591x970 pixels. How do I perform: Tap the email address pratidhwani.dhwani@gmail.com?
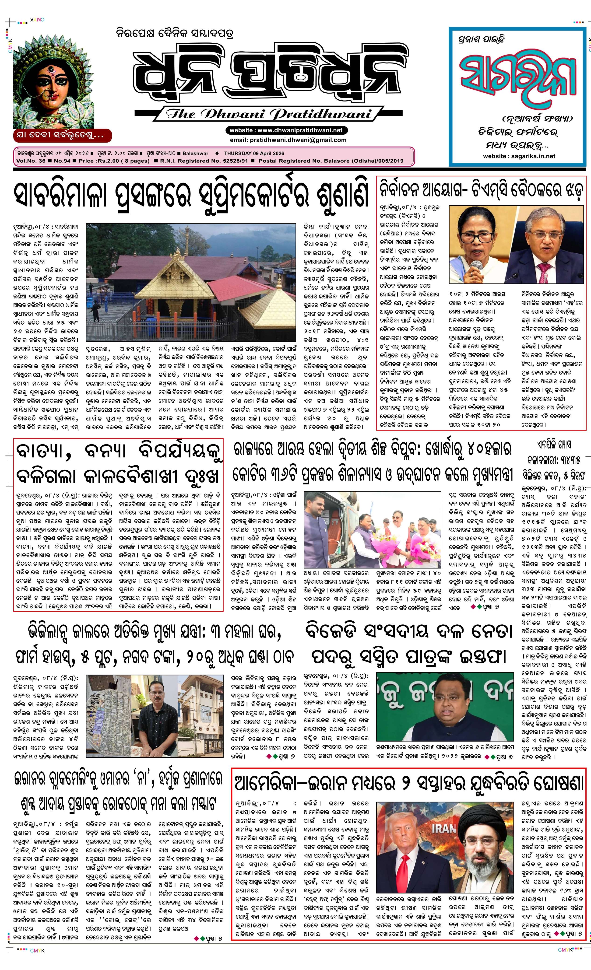click(288, 140)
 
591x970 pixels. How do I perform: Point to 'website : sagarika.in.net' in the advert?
click(519, 156)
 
